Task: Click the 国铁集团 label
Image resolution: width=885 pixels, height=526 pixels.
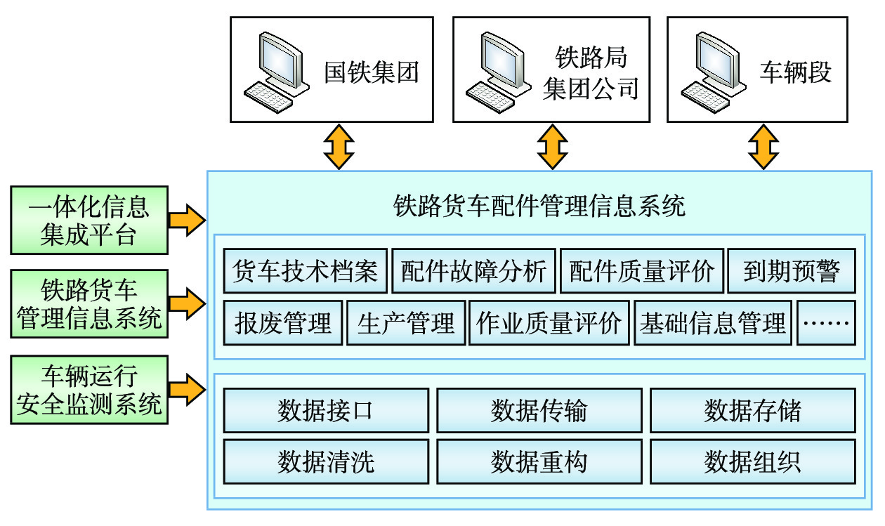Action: click(x=371, y=72)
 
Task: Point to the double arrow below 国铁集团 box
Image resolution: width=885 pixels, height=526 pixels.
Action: click(x=339, y=147)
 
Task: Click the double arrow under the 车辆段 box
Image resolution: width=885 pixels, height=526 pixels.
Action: click(x=763, y=147)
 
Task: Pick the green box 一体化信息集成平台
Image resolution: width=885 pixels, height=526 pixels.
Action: click(x=89, y=220)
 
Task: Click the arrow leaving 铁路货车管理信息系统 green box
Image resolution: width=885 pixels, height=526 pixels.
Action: click(x=187, y=304)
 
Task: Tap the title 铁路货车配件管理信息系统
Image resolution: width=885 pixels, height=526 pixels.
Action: click(x=539, y=206)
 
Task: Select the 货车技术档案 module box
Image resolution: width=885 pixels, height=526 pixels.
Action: click(x=305, y=270)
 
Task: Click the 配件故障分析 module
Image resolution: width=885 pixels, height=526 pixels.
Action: click(x=473, y=270)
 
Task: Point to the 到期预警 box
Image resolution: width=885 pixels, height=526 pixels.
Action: click(x=791, y=270)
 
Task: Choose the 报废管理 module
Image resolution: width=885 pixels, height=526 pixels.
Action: click(x=283, y=323)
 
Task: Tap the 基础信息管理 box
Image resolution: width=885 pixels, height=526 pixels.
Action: click(x=713, y=323)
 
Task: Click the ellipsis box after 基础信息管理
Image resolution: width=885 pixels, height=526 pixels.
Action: click(x=826, y=323)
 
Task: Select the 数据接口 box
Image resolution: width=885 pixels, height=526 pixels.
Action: click(x=326, y=411)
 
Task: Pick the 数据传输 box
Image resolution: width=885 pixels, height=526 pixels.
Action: click(x=539, y=411)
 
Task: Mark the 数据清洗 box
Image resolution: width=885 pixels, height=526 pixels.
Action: click(x=326, y=461)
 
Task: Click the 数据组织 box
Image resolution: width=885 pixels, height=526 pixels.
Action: click(x=752, y=461)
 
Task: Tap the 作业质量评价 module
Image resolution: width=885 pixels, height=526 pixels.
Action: click(x=549, y=323)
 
